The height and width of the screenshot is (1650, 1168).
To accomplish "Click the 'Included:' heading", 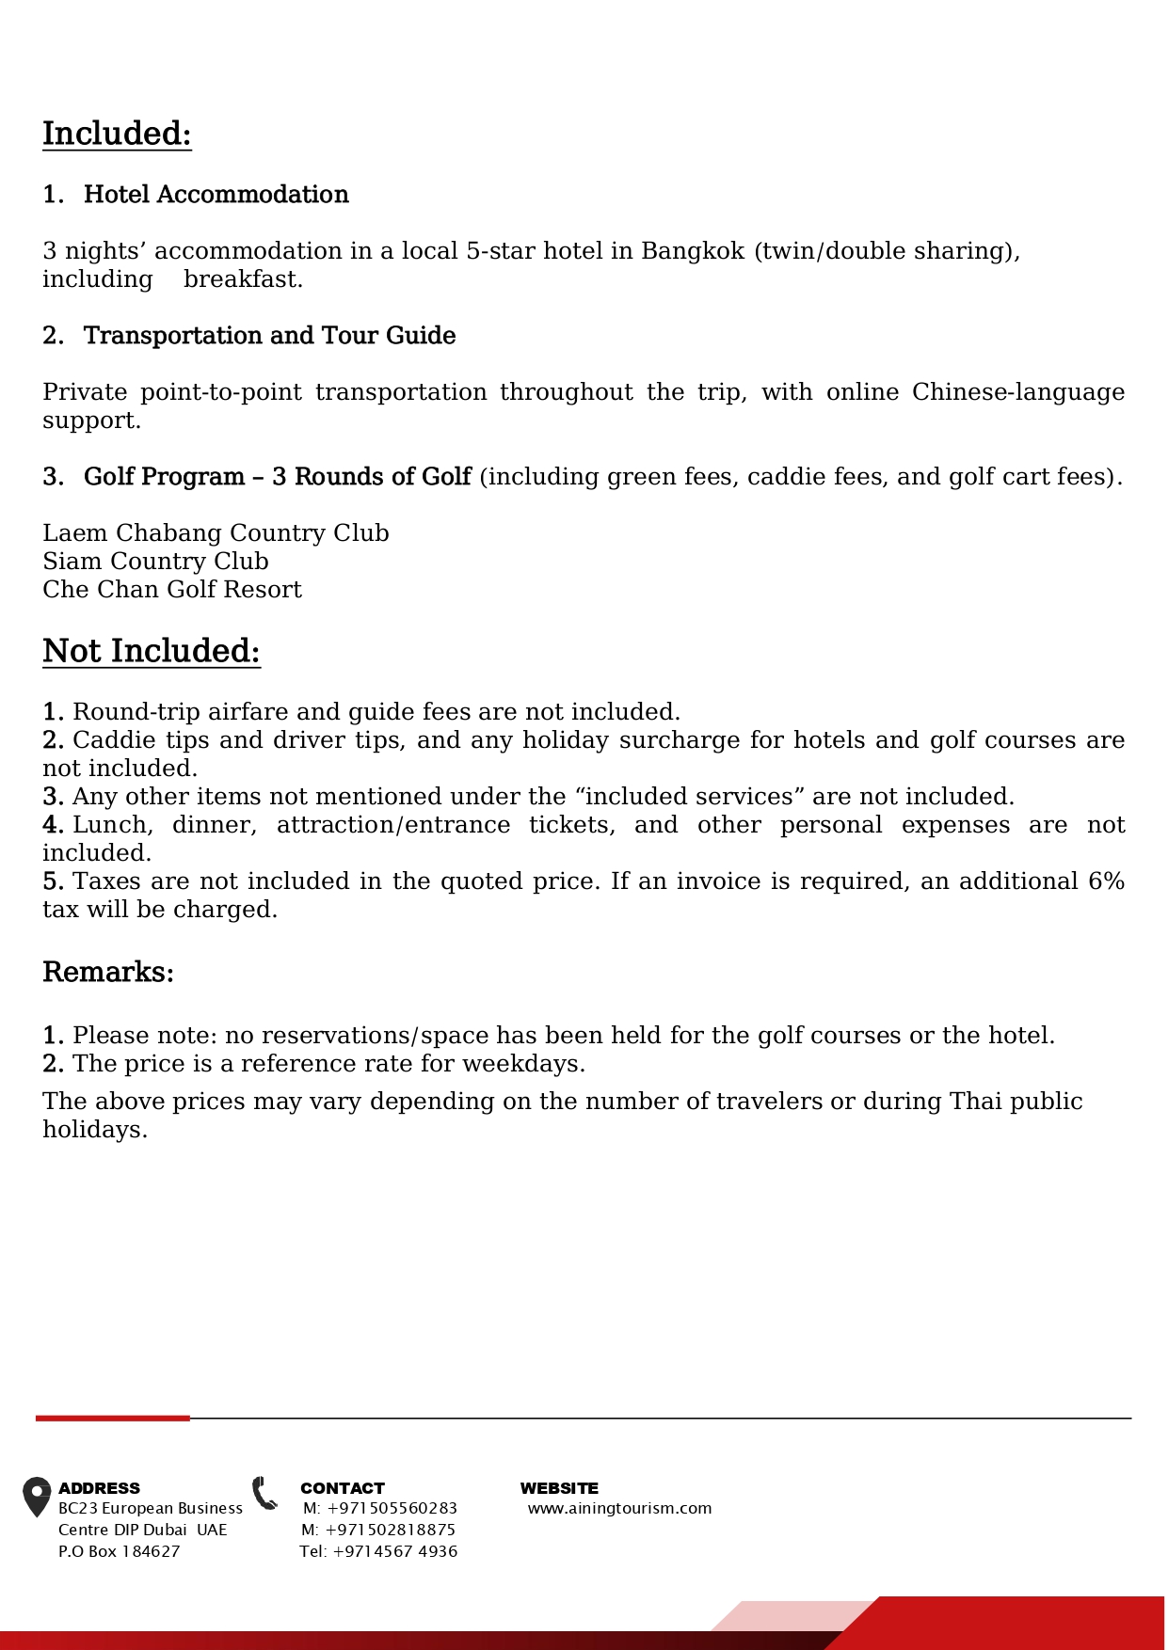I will coord(117,134).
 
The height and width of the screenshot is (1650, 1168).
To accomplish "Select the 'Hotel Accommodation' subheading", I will coord(216,195).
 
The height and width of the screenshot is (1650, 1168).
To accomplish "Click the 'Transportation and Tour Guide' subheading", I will coord(269,336).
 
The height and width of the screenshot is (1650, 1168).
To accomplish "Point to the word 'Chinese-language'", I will coord(1017,392).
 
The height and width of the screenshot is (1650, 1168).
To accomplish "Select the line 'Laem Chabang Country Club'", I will coord(216,533).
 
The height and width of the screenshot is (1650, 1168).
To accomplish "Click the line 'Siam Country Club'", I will coord(155,562).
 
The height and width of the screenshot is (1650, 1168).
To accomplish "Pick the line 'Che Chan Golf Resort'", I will coord(172,590).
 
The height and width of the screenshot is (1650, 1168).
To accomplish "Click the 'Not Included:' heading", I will coord(151,651).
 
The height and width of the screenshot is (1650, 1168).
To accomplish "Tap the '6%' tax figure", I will coord(1106,881).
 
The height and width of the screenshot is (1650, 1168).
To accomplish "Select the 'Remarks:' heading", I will coord(108,972).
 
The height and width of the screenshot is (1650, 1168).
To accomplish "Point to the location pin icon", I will coord(37,1497).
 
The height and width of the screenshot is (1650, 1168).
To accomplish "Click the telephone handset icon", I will coord(265,1493).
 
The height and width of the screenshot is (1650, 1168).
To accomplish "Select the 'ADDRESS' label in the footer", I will coord(99,1488).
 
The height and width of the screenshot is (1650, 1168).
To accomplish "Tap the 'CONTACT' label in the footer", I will coord(343,1488).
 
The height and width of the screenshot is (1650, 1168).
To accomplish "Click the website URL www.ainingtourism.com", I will coord(619,1508).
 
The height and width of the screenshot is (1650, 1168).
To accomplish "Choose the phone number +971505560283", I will coord(392,1508).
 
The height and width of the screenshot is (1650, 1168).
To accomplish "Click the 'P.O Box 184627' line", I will coord(119,1551).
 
